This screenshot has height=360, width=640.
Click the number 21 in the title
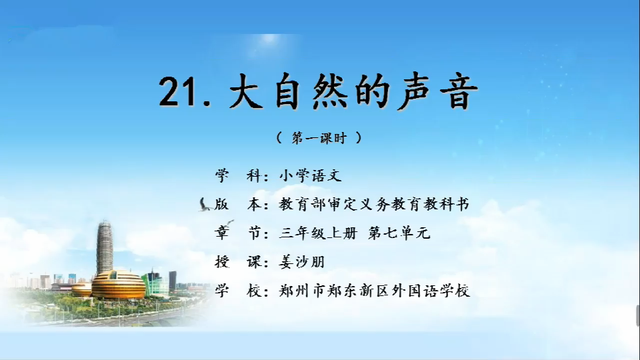[x=179, y=91]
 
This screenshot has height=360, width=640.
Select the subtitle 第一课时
[x=319, y=138]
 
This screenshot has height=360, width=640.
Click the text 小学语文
[x=310, y=175]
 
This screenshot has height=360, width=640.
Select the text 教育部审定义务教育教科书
[x=374, y=204]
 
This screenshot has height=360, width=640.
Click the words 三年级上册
[x=319, y=233]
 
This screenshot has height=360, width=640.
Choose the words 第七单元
[x=399, y=233]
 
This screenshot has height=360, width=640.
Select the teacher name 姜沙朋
[x=301, y=261]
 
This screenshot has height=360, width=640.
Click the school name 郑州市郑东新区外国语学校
[x=374, y=291]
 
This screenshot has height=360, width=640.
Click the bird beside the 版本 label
[x=204, y=205]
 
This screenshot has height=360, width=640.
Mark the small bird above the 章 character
[x=229, y=223]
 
